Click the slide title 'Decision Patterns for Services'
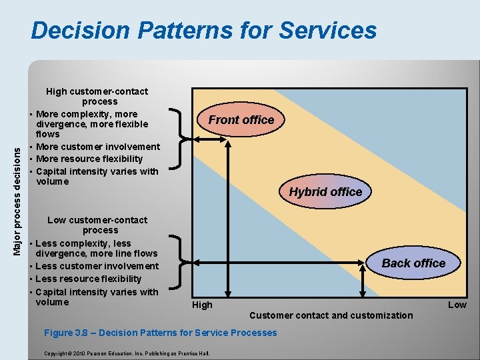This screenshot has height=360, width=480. [x=203, y=31]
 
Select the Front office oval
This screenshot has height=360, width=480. [x=241, y=120]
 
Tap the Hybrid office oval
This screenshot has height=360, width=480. [x=325, y=192]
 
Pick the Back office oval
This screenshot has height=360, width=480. [x=413, y=263]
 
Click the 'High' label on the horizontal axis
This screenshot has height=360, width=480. [x=202, y=305]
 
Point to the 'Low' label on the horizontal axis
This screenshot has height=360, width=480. [x=457, y=305]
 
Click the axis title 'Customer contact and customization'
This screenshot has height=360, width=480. [x=331, y=315]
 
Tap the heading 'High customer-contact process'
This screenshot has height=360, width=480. [x=97, y=96]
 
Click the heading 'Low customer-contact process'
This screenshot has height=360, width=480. [x=97, y=225]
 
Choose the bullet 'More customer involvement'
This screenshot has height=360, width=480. [x=98, y=147]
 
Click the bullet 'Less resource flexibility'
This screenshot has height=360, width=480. [x=88, y=279]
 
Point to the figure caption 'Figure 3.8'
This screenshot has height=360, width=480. [x=160, y=333]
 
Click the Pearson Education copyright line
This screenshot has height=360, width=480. [x=126, y=353]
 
